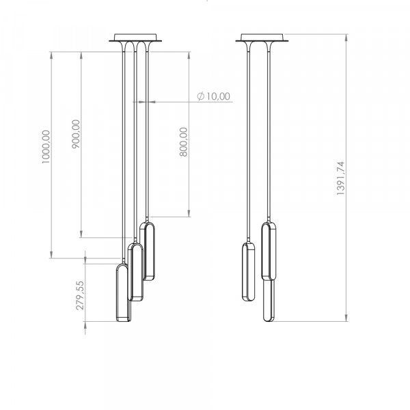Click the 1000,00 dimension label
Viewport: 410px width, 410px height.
pos(46,147)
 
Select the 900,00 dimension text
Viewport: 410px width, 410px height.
pos(76,134)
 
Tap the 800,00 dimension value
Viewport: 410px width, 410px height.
pos(184,142)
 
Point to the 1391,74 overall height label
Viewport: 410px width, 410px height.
pos(341,178)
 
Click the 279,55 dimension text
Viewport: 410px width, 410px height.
pos(80,295)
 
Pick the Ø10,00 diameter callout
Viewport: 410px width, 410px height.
pos(214,96)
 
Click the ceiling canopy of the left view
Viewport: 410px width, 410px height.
pos(135,38)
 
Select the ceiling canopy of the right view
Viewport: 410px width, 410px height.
pos(262,38)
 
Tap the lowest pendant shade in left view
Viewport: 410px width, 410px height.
pos(123,292)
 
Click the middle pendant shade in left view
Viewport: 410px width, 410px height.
pos(135,272)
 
